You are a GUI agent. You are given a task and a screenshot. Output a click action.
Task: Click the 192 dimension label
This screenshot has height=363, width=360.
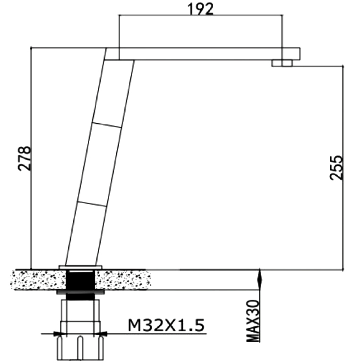(x=200, y=9)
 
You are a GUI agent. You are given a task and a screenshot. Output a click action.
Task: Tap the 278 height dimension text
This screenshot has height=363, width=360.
(x=24, y=159)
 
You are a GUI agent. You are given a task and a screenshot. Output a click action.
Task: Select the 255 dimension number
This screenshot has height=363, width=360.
(x=336, y=167)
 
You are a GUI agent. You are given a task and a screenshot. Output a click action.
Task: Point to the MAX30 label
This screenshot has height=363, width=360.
(x=253, y=321)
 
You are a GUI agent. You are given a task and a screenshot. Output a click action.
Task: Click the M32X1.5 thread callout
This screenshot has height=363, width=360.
(x=166, y=325)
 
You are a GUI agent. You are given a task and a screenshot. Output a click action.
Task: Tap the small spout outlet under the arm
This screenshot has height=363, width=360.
(x=282, y=63)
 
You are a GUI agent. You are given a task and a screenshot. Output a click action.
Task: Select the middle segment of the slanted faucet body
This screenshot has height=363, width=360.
(x=100, y=164)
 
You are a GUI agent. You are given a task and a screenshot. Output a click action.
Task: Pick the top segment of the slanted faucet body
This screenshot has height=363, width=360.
(x=113, y=93)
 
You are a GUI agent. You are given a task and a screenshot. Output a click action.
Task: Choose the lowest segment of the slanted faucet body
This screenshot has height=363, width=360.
(x=86, y=234)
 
